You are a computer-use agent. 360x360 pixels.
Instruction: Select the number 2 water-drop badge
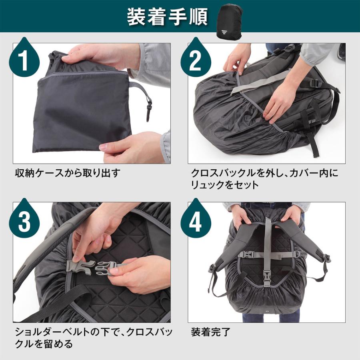196,60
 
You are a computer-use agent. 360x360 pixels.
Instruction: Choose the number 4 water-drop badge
196,221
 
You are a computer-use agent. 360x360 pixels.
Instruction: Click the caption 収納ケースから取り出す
67,174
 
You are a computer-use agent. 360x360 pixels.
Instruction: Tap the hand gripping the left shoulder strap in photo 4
241,216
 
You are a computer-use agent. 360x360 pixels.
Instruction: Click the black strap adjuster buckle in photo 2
315,84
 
